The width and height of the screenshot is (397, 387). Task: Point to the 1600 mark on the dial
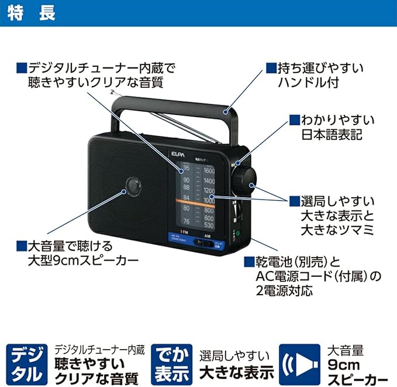pyautogui.click(x=209, y=170)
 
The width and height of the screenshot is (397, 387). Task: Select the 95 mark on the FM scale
pyautogui.click(x=186, y=169)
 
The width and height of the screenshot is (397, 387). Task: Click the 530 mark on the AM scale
pyautogui.click(x=209, y=225)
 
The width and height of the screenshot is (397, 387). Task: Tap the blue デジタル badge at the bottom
pyautogui.click(x=26, y=363)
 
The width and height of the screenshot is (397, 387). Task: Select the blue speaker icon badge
pyautogui.click(x=299, y=363)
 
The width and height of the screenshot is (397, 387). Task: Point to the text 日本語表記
pyautogui.click(x=332, y=134)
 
